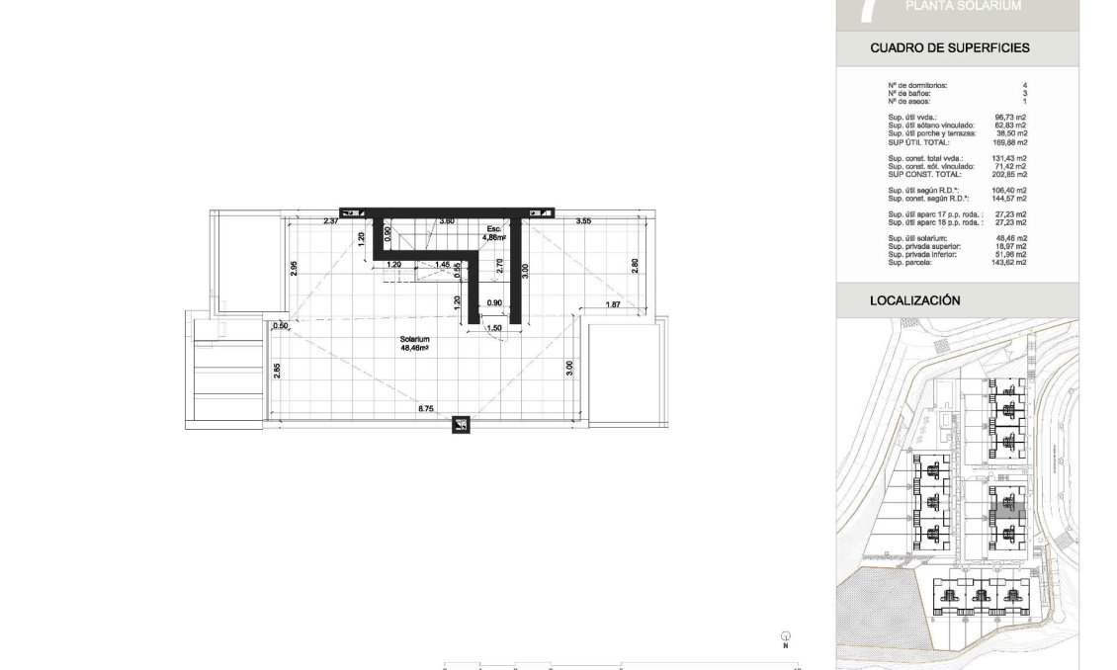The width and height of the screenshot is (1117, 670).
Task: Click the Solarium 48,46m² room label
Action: [x=413, y=343]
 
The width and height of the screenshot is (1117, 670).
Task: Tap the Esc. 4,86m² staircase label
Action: [x=494, y=233]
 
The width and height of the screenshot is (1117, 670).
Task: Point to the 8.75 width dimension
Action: [x=426, y=407]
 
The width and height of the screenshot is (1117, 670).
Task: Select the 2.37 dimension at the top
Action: [x=330, y=220]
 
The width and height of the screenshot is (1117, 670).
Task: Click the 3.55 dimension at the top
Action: [x=583, y=220]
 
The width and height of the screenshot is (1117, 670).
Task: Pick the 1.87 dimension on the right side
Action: [x=613, y=304]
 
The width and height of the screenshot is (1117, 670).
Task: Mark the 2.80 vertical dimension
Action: [x=635, y=266]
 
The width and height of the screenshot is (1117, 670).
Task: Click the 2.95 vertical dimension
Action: [x=294, y=267]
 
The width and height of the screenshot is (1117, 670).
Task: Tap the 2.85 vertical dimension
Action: [x=279, y=370]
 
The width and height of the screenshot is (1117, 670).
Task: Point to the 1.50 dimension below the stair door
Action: [x=495, y=327]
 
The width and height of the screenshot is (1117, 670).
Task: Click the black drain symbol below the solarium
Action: [x=461, y=426]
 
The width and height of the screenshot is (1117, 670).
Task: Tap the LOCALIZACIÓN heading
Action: [x=914, y=300]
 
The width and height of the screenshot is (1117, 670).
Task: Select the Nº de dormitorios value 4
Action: [x=1024, y=86]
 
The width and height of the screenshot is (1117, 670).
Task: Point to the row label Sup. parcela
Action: [x=908, y=263]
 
